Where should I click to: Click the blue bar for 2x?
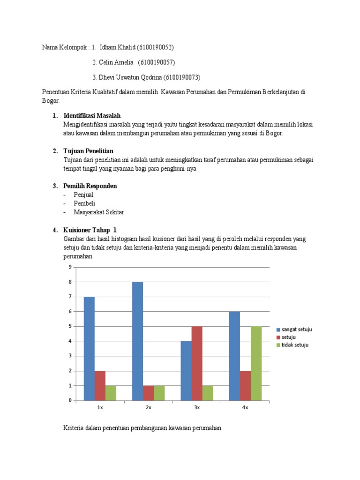[137, 341]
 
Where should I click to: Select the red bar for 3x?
[197, 363]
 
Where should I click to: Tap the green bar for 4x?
[256, 363]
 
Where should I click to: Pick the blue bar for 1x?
[89, 349]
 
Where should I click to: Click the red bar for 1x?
[100, 385]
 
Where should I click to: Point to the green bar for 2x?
[159, 393]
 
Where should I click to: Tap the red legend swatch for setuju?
[277, 337]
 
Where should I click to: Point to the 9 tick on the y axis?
[70, 267]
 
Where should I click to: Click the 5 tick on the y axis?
[70, 326]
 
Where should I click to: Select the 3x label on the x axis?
[197, 408]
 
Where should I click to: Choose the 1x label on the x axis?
[100, 408]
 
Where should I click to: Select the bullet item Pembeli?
[84, 203]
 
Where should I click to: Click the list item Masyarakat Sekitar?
[98, 212]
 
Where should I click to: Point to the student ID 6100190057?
[157, 62]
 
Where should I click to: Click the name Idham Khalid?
[117, 47]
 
